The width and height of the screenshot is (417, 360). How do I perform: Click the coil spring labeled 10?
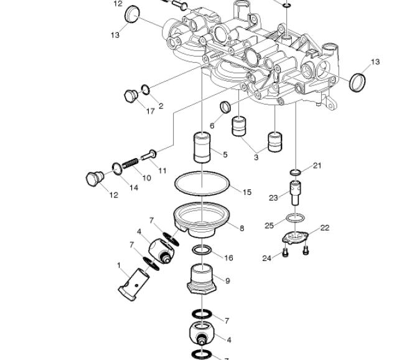(130, 163)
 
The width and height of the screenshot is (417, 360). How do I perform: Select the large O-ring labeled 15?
(202, 173)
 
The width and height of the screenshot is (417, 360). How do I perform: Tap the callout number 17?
(151, 111)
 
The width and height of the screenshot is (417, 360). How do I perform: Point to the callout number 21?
(317, 166)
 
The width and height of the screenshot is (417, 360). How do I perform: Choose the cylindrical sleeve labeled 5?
(202, 147)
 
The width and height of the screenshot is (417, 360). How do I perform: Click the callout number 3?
(256, 157)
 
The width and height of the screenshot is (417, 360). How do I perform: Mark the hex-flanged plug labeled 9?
(202, 279)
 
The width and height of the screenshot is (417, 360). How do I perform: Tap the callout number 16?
(228, 258)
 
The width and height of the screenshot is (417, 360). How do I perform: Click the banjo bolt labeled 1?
(134, 285)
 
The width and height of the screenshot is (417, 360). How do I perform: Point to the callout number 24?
(267, 258)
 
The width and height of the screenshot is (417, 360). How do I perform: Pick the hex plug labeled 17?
(131, 96)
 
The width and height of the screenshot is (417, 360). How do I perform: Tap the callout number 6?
(212, 125)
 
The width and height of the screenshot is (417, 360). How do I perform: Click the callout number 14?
(134, 187)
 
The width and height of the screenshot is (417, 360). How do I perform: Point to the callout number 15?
(247, 192)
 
